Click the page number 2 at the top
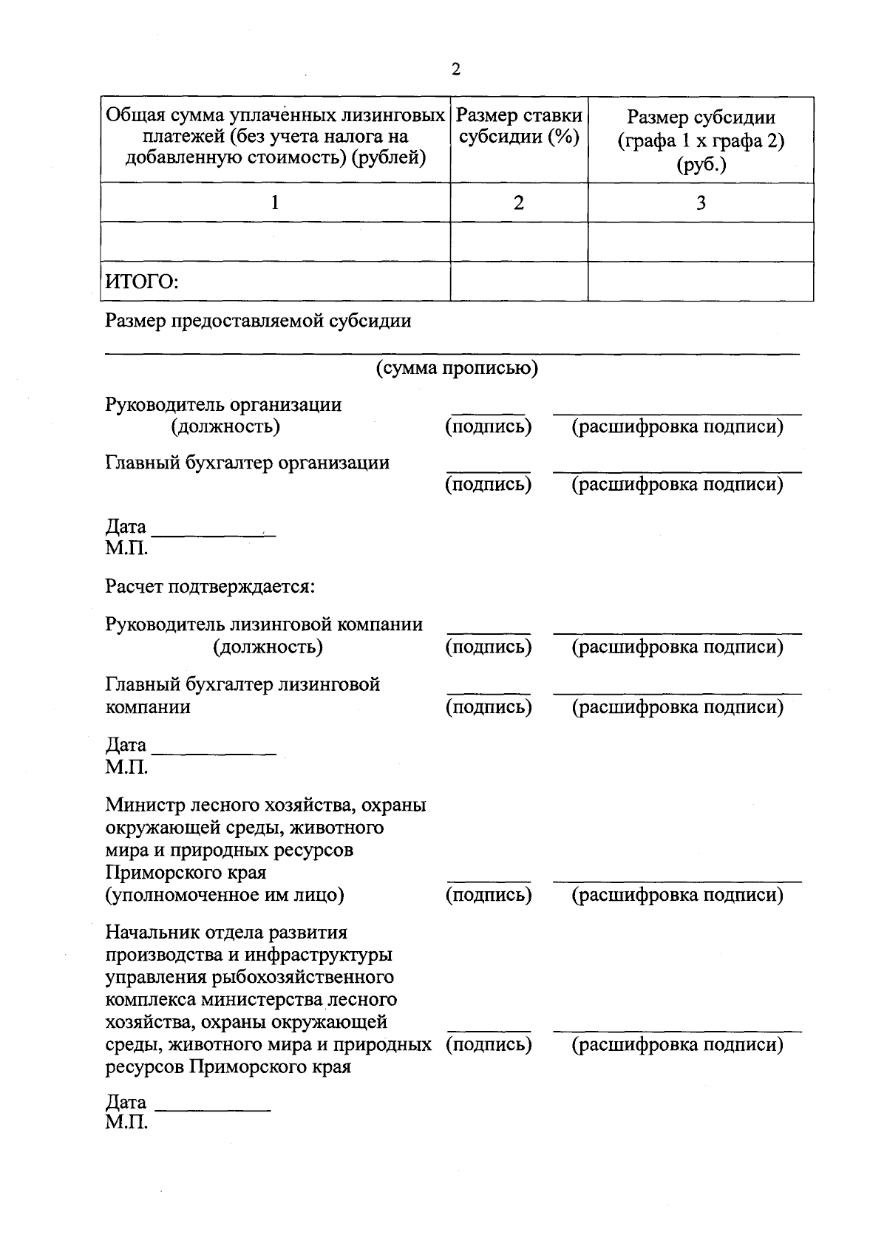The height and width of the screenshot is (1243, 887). pyautogui.click(x=455, y=69)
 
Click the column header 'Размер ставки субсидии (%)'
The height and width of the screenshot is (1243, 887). pyautogui.click(x=519, y=127)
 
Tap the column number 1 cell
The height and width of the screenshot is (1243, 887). pyautogui.click(x=275, y=202)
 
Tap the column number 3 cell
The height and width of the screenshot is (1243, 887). pyautogui.click(x=701, y=202)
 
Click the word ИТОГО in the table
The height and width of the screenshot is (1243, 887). pyautogui.click(x=143, y=282)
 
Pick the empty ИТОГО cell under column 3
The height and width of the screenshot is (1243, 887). pyautogui.click(x=701, y=282)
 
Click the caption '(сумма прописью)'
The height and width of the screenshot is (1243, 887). pyautogui.click(x=457, y=368)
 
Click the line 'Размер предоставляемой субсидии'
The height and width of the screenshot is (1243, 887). pyautogui.click(x=258, y=321)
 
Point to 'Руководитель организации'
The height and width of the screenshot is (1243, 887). pyautogui.click(x=223, y=404)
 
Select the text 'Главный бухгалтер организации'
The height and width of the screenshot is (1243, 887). pyautogui.click(x=248, y=463)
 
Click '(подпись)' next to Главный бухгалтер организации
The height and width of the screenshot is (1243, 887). pyautogui.click(x=489, y=485)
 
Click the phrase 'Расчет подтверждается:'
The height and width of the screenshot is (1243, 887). pyautogui.click(x=211, y=587)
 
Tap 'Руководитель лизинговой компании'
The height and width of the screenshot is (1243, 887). pyautogui.click(x=264, y=624)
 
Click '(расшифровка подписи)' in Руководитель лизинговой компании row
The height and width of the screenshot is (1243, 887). pyautogui.click(x=678, y=647)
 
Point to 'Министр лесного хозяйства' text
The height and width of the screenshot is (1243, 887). pyautogui.click(x=265, y=804)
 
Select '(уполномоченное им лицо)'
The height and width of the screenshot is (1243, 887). pyautogui.click(x=225, y=895)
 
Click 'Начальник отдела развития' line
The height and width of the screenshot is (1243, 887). pyautogui.click(x=226, y=932)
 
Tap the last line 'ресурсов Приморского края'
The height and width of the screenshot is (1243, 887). pyautogui.click(x=228, y=1067)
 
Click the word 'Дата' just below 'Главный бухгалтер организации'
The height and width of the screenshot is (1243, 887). pyautogui.click(x=126, y=527)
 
